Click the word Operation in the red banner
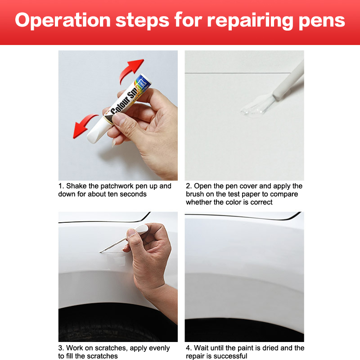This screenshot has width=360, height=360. click(x=63, y=21)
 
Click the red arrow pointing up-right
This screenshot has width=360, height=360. click(x=131, y=70)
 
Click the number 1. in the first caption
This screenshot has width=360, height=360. click(x=61, y=186)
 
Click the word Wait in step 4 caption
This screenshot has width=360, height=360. click(x=201, y=348)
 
